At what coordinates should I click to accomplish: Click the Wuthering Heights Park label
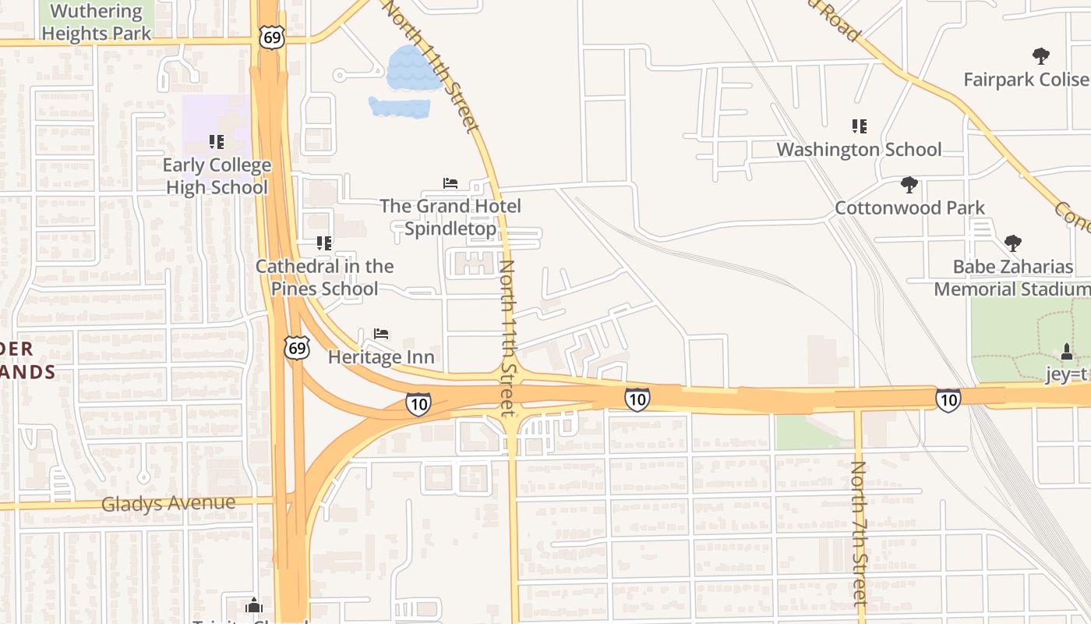coord(97,22)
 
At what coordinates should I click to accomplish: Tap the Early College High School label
coord(218,176)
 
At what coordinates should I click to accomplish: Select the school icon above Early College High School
coord(217,142)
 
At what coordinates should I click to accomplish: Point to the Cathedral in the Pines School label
coord(325,277)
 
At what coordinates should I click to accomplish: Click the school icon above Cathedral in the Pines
coord(324,243)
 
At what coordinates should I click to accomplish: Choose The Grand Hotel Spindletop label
coord(450,217)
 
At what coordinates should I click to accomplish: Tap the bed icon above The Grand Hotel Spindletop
coord(450,183)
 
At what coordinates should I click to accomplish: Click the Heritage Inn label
coord(381,357)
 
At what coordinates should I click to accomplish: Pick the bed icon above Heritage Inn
coord(381,334)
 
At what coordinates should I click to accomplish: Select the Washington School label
coord(859,149)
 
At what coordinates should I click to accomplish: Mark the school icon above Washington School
coord(860,126)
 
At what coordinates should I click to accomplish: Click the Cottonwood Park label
coord(909,208)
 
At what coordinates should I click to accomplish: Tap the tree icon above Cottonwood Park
coord(909,185)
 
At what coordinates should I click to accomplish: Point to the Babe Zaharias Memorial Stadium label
coord(1012,278)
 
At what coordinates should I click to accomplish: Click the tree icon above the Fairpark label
coord(1040,56)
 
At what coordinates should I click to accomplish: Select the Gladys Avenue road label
coord(168,503)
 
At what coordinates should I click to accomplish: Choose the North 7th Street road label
coord(859,534)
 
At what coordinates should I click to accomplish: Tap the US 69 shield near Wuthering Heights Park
coord(272,38)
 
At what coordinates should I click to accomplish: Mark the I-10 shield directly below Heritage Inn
coord(418,403)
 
